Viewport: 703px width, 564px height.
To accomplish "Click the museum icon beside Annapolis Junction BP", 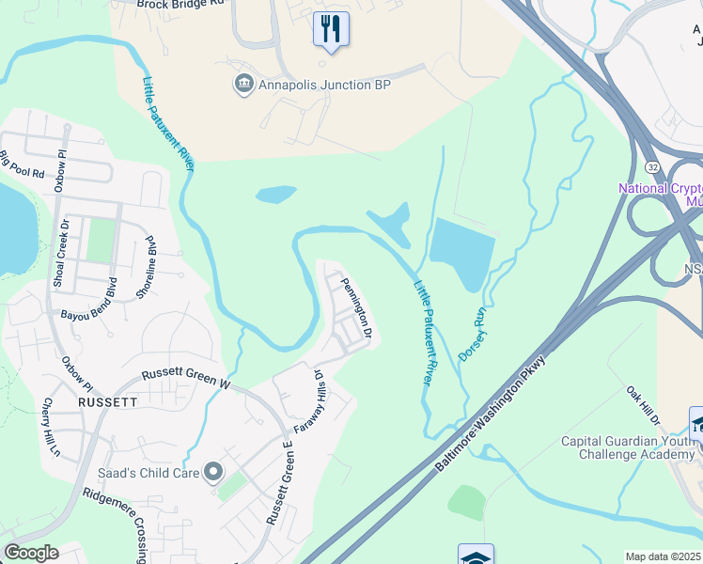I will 243,85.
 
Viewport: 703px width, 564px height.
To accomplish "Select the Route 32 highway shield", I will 652,165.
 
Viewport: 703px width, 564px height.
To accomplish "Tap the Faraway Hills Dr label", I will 307,405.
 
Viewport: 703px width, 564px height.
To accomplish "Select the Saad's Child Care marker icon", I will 212,472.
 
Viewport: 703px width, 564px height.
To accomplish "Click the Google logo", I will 31,553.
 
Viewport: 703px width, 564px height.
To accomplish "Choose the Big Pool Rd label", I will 23,166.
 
